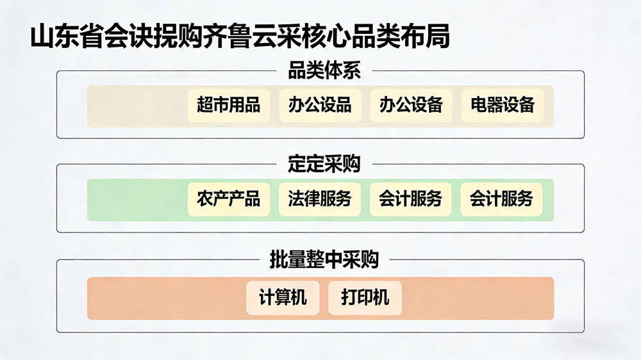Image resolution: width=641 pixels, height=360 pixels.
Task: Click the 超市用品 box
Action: [x=229, y=106]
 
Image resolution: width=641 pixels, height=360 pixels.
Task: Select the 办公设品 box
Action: [x=320, y=106]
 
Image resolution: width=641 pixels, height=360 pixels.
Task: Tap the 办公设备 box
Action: [x=411, y=106]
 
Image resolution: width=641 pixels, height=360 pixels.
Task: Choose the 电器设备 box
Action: [x=503, y=106]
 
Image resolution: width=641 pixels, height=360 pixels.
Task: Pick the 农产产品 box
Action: [x=229, y=199]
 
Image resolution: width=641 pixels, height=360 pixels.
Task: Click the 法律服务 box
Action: [x=320, y=199]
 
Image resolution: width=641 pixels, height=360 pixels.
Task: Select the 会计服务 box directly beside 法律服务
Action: [x=410, y=199]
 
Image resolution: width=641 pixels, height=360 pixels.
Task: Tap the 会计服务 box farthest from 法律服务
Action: [x=501, y=199]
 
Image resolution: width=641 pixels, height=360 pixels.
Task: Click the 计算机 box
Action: [x=283, y=298]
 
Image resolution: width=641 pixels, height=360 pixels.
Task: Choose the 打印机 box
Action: [x=365, y=298]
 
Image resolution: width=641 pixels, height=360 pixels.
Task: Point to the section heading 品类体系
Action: [x=324, y=70]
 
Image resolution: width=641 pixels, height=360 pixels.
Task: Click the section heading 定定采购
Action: [x=324, y=164]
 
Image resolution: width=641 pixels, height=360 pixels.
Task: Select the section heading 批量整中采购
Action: [x=324, y=259]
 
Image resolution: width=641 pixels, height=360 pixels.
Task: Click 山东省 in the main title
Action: [x=67, y=37]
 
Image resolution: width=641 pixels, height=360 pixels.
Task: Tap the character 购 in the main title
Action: [x=191, y=37]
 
